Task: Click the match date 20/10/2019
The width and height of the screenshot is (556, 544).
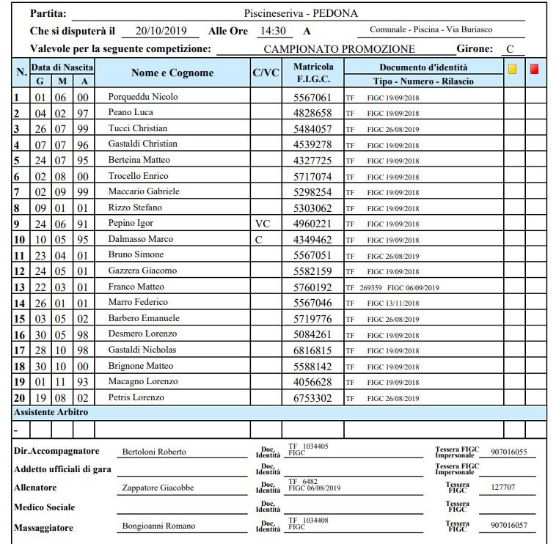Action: pyautogui.click(x=161, y=31)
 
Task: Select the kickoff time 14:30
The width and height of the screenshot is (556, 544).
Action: pyautogui.click(x=273, y=31)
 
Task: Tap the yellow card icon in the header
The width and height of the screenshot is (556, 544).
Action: pyautogui.click(x=513, y=69)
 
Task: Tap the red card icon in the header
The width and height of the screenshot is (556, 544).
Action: pyautogui.click(x=535, y=69)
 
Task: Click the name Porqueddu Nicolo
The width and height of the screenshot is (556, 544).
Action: pyautogui.click(x=142, y=97)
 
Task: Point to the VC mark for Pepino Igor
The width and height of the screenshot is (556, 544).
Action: pyautogui.click(x=263, y=223)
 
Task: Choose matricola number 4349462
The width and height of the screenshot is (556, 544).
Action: pyautogui.click(x=312, y=239)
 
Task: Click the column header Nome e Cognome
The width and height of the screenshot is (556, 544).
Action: pyautogui.click(x=172, y=73)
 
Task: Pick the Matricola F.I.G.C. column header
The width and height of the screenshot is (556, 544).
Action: pyautogui.click(x=312, y=73)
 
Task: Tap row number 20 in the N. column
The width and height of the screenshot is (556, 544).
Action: pyautogui.click(x=18, y=397)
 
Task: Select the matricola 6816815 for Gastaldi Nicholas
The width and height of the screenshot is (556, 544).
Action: pyautogui.click(x=312, y=350)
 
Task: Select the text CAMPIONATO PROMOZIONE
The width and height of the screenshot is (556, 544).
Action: pyautogui.click(x=339, y=49)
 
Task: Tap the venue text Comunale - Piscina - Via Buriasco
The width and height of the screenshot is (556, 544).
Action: pyautogui.click(x=431, y=30)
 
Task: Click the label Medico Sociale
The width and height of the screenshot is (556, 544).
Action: pyautogui.click(x=45, y=507)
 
